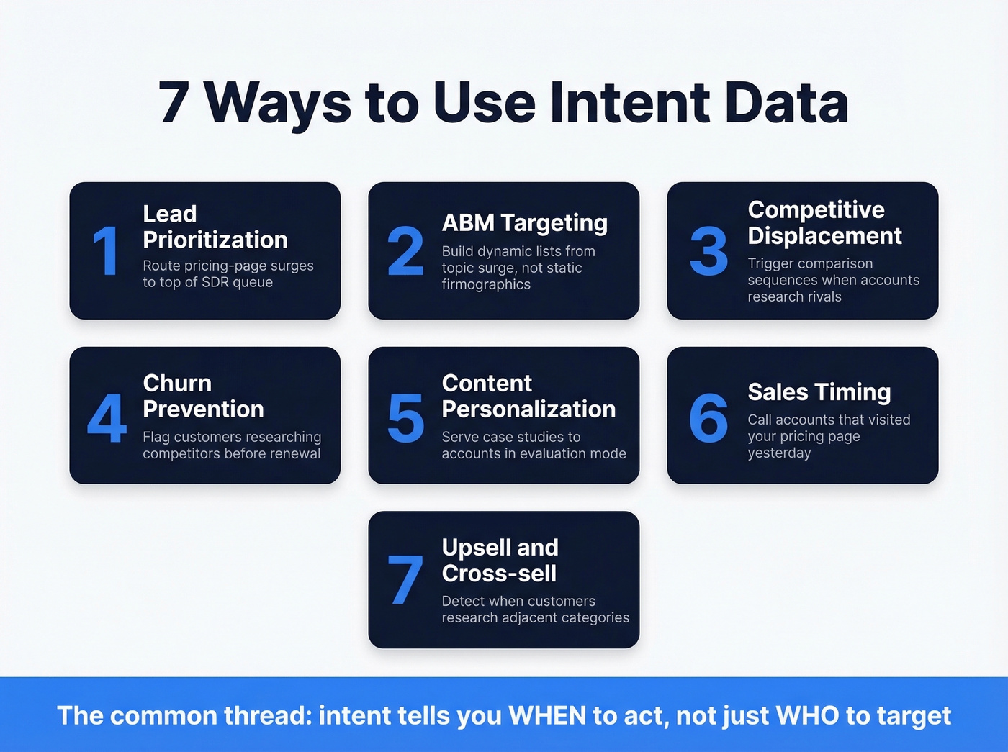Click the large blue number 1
(106, 250)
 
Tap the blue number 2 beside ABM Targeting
(405, 251)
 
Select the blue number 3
(708, 251)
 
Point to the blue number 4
(107, 417)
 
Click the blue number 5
(405, 417)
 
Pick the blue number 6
(708, 417)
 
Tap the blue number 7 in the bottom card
(405, 581)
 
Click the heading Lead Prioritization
(215, 227)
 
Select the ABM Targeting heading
(524, 223)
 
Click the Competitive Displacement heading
(824, 222)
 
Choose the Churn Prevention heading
(203, 396)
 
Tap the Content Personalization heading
(528, 396)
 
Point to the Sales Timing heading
(819, 392)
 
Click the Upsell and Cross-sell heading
(500, 560)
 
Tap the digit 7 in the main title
(174, 103)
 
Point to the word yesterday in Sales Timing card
(779, 453)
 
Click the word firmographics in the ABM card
(486, 284)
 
